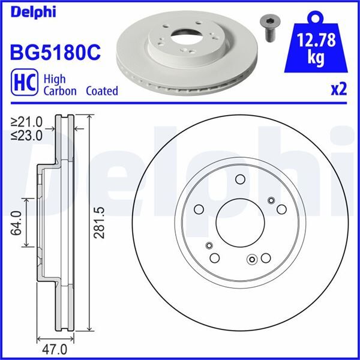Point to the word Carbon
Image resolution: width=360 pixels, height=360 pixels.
click(59, 91)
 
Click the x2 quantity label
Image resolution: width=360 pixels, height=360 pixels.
click(338, 89)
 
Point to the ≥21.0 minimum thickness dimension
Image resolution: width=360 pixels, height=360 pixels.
click(27, 124)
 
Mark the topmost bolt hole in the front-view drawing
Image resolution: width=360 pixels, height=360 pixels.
click(241, 179)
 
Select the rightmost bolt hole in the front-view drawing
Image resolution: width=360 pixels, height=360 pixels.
click(282, 208)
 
